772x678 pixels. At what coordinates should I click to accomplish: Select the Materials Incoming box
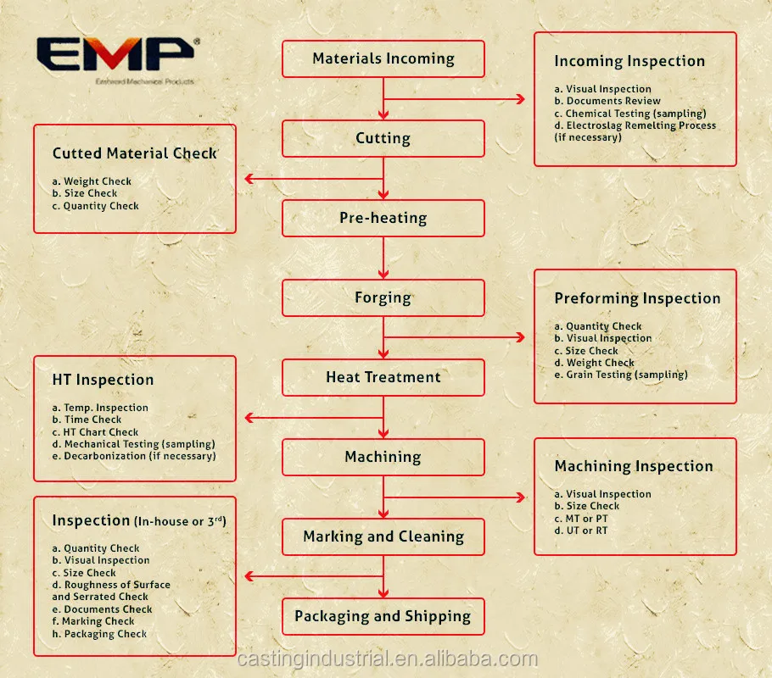[383, 59]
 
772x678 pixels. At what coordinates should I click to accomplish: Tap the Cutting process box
[383, 138]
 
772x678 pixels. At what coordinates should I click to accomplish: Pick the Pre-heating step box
[383, 218]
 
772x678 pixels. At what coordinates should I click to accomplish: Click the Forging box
[383, 297]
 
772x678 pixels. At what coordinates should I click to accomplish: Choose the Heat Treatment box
[383, 377]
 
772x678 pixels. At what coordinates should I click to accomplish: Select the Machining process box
[383, 457]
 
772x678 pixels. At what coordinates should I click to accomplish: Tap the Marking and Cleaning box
[383, 536]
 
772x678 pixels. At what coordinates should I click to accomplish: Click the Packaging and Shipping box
[383, 616]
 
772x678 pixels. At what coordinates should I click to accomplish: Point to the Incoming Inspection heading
[629, 61]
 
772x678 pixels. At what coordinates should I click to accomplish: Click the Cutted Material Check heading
[135, 153]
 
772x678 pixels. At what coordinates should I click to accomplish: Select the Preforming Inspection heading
[637, 298]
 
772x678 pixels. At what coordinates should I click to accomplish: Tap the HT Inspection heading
[103, 380]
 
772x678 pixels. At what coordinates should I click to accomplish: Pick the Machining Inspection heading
[634, 466]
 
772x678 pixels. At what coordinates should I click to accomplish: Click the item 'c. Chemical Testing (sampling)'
[630, 113]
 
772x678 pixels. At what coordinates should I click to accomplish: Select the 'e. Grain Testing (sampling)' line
[621, 375]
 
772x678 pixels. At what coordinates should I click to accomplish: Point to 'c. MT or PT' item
[581, 518]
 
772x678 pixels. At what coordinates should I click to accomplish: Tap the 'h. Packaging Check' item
[99, 633]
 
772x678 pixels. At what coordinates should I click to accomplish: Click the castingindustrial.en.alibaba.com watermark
[388, 659]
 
